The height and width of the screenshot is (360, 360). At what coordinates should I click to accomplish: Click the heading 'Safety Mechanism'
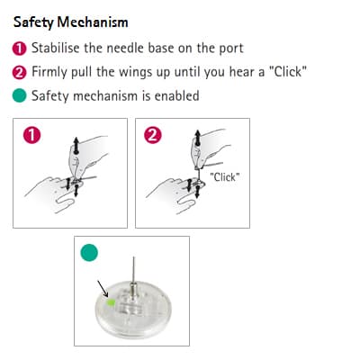(71, 22)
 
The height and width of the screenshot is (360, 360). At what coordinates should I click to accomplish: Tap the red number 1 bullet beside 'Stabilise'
(19, 49)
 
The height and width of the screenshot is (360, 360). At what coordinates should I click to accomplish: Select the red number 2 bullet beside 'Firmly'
(19, 72)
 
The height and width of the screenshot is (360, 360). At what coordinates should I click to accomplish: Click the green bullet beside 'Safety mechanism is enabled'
(19, 95)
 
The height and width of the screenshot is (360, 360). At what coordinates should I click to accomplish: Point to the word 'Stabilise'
(56, 48)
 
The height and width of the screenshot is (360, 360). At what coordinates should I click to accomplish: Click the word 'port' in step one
(231, 49)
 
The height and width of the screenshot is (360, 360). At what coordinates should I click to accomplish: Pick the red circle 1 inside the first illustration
(31, 135)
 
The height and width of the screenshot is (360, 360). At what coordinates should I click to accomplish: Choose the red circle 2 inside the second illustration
(153, 135)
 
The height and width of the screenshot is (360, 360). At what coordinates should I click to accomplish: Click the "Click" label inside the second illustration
(225, 177)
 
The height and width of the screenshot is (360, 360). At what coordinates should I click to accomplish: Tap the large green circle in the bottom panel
(89, 252)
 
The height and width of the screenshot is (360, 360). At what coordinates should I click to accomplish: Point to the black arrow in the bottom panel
(103, 289)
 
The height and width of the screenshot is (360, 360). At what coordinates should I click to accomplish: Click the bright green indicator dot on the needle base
(111, 302)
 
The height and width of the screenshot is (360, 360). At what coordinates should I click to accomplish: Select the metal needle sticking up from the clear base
(134, 273)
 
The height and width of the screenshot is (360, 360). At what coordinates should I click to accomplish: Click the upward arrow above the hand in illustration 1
(76, 146)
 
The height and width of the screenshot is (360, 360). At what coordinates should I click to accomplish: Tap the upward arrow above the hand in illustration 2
(197, 138)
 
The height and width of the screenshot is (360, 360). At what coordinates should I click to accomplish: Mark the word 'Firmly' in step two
(49, 73)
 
